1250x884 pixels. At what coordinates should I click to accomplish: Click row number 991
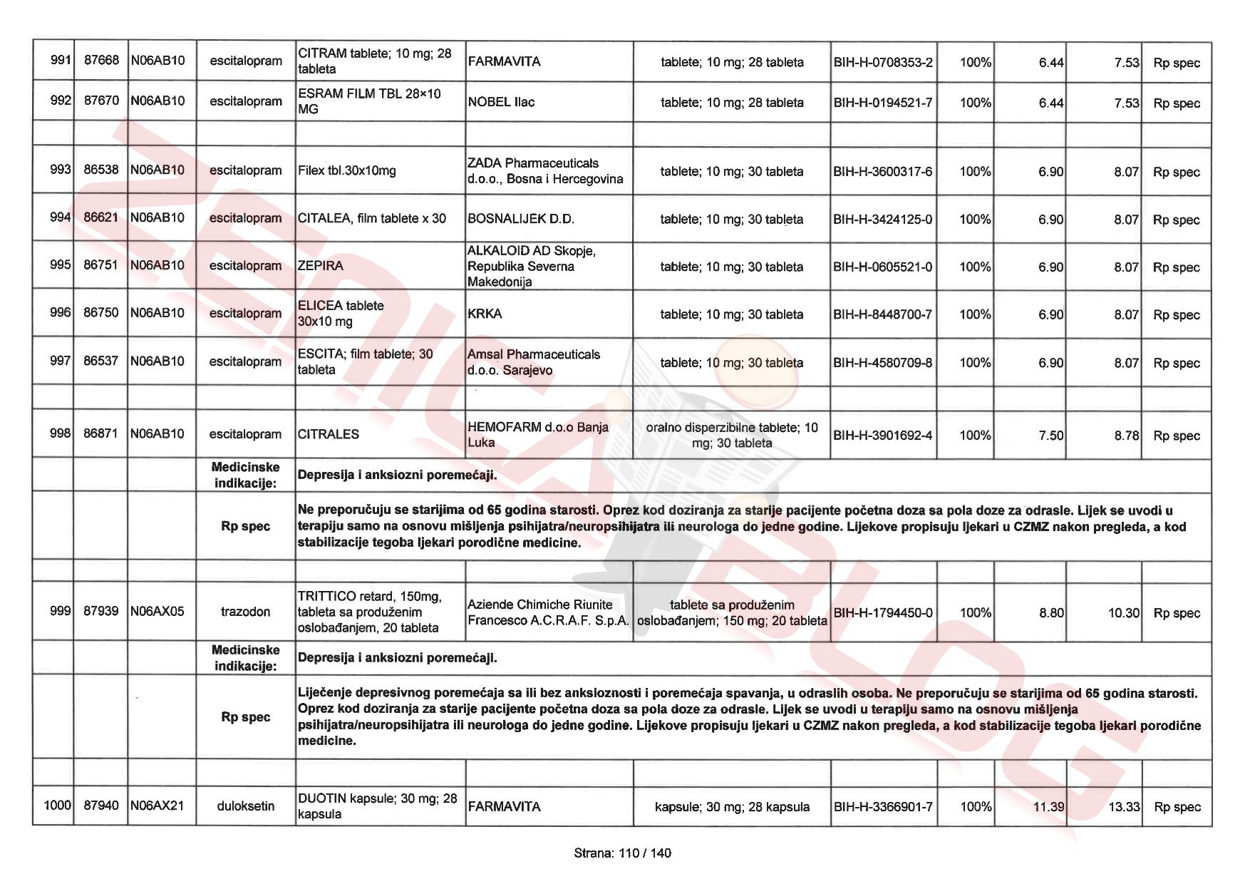point(61,60)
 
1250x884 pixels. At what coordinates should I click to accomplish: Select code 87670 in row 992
point(101,101)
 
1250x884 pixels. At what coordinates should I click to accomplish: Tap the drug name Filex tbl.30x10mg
point(347,171)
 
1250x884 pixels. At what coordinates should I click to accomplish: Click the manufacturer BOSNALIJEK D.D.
point(521,219)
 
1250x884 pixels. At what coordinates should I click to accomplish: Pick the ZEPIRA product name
point(321,266)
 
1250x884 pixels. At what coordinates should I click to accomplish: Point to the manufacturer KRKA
point(485,314)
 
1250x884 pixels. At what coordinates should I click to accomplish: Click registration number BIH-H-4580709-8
point(882,363)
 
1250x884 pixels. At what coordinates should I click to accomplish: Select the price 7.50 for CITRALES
point(1051,436)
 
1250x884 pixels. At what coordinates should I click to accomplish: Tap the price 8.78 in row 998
point(1127,436)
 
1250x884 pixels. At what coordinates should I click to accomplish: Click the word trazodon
point(245,612)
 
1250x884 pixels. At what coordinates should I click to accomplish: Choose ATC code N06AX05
point(157,611)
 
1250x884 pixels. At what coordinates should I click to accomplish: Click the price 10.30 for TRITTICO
point(1124,613)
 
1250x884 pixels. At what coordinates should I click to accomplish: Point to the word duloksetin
point(245,806)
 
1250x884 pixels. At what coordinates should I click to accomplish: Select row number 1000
point(57,806)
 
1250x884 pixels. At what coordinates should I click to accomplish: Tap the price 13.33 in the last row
point(1124,807)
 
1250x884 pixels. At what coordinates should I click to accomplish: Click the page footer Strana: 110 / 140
point(622,853)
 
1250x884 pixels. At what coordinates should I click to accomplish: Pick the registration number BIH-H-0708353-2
point(882,63)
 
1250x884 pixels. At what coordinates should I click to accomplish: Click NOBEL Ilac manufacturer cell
point(501,102)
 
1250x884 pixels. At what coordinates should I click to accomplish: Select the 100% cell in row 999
point(976,613)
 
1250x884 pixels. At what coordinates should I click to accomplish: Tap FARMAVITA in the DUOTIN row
point(504,807)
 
